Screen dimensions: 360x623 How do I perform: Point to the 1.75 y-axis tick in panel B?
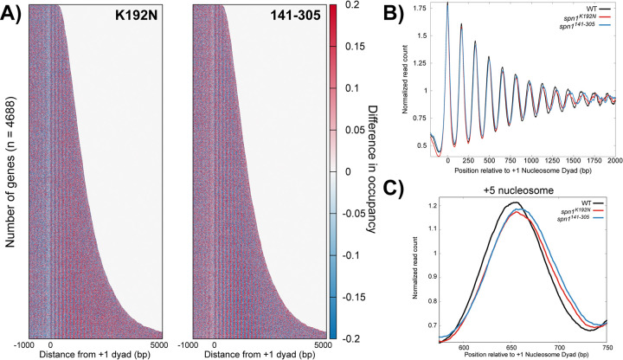(420, 8)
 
